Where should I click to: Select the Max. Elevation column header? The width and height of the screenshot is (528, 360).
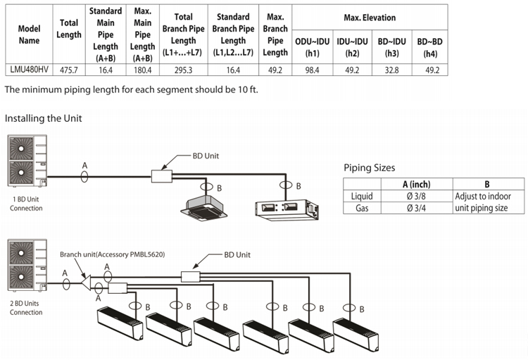coord(370,17)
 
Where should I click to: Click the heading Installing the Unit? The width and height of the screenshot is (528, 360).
coord(43,118)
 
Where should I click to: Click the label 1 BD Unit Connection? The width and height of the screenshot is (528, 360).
coord(27,204)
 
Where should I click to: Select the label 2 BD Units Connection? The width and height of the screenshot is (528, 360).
coord(27,308)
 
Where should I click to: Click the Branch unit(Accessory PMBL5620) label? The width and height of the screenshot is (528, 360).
coord(112,254)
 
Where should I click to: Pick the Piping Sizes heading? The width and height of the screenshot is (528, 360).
coord(369,168)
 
